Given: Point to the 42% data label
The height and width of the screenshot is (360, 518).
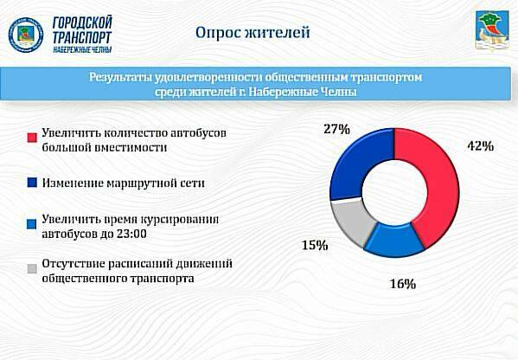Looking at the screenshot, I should tap(479, 146).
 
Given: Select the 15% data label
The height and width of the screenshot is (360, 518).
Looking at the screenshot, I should tap(314, 246).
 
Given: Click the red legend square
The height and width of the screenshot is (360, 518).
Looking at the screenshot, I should tap(32, 138).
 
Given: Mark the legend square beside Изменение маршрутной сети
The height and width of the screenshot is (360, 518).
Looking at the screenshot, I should tap(32, 183).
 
